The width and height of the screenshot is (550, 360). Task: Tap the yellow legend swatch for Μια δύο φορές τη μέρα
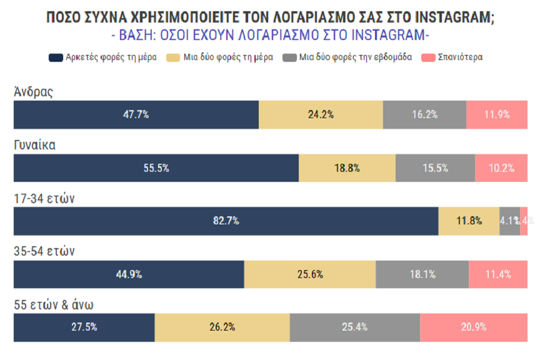click(174, 57)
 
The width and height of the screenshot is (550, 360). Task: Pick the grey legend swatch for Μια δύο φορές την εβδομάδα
click(289, 57)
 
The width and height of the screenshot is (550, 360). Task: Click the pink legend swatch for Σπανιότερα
click(428, 57)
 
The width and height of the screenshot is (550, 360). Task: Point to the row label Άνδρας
click(34, 92)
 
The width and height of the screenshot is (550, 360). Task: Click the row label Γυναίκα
click(35, 145)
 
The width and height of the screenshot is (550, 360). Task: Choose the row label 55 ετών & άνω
click(54, 305)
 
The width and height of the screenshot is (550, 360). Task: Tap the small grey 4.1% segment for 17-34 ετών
click(509, 221)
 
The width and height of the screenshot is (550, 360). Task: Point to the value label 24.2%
click(321, 114)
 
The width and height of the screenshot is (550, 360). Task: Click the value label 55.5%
click(156, 168)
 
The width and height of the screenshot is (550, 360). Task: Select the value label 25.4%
click(355, 327)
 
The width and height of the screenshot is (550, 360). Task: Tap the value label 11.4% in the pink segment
click(498, 274)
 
